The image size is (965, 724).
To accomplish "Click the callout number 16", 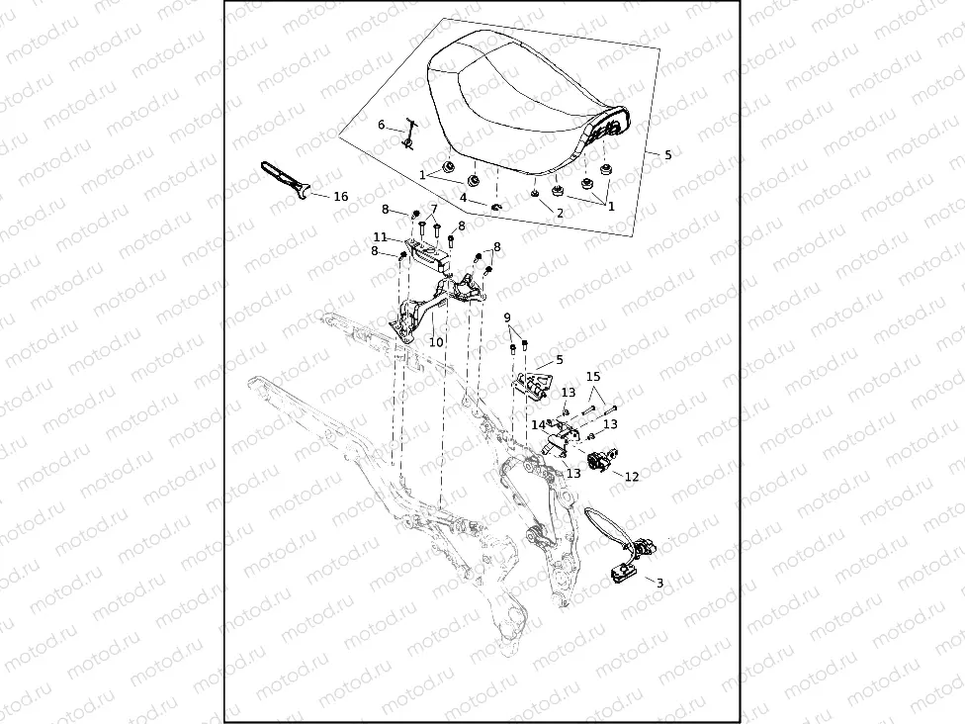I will [340, 197].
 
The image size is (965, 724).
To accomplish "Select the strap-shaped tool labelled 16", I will [284, 178].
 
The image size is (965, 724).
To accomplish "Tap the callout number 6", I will [382, 125].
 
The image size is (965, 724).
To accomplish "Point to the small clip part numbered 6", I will [409, 136].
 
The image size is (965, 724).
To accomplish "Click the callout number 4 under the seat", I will [463, 197].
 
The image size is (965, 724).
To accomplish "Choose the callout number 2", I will [559, 213].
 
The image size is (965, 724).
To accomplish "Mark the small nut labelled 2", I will [535, 195].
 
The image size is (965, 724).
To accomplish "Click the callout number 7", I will [432, 209].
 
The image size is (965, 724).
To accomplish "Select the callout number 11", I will [380, 237].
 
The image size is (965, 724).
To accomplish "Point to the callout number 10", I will [436, 342].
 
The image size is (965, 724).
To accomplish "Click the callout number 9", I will [507, 317].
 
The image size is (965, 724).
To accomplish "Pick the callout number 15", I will [593, 377].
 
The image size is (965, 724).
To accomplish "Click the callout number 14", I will [538, 424].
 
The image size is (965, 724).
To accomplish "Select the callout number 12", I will [632, 477].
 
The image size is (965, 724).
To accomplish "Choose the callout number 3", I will [659, 584].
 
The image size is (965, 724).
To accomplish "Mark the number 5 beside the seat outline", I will [667, 155].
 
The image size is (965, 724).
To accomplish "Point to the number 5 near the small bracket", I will [559, 360].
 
